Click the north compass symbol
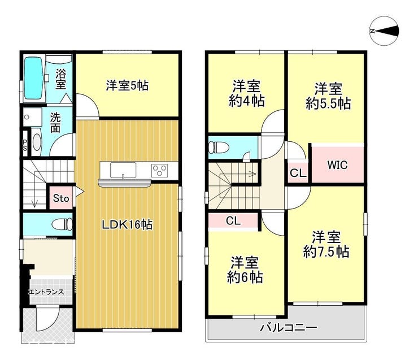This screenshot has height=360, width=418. pyautogui.click(x=384, y=31)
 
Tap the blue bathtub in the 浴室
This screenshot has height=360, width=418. pyautogui.click(x=34, y=79)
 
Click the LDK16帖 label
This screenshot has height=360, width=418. pyautogui.click(x=128, y=225)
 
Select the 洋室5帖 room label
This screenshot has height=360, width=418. pyautogui.click(x=127, y=85)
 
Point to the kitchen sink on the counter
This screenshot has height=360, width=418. pyautogui.click(x=123, y=170)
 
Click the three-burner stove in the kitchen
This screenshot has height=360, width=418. pyautogui.click(x=159, y=171)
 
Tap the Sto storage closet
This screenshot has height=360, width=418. pyautogui.click(x=61, y=198)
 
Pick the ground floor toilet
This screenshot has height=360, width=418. pyautogui.click(x=62, y=224)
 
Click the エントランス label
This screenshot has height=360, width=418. pyautogui.click(x=46, y=292)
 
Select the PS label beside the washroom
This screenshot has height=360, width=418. pyautogui.click(x=25, y=145)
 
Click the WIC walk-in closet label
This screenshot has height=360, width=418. pyautogui.click(x=337, y=165)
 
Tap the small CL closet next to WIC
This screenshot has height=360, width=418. pyautogui.click(x=298, y=173)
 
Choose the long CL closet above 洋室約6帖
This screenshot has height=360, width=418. pyautogui.click(x=233, y=221)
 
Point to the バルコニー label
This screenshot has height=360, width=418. pyautogui.click(x=289, y=327)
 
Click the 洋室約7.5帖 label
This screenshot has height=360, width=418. pyautogui.click(x=326, y=244)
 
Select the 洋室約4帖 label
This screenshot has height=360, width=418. pyautogui.click(x=247, y=93)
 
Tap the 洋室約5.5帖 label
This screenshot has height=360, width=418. pyautogui.click(x=328, y=96)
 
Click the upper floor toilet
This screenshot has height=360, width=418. pyautogui.click(x=219, y=147)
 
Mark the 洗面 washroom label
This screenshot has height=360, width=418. pyautogui.click(x=55, y=123)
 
